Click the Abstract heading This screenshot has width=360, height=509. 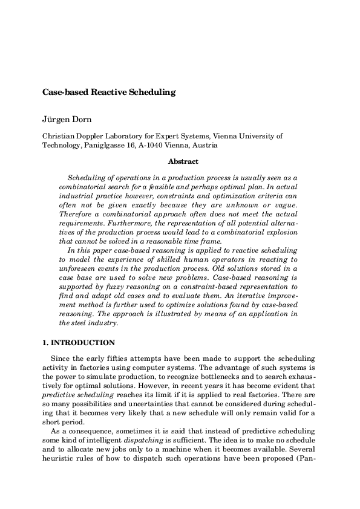(x=182, y=161)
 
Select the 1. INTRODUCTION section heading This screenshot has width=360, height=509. (x=78, y=342)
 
